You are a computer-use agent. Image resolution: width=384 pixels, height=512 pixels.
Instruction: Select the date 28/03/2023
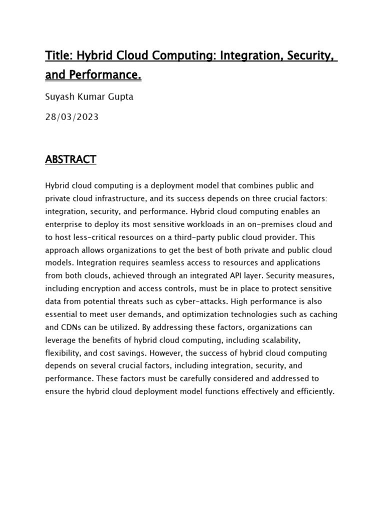coord(71,117)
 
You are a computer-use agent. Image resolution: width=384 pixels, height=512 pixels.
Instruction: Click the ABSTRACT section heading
coord(70,159)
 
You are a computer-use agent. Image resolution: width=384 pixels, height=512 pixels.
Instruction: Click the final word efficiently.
coord(314,391)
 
